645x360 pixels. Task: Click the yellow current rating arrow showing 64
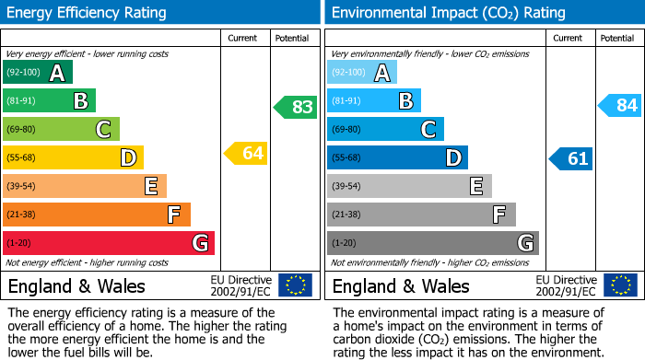coord(246,153)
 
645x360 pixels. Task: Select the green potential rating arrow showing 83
coord(295,107)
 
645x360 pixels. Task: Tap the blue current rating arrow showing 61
coord(571,158)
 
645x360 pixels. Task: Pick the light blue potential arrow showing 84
coord(619,105)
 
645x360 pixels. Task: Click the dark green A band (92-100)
coord(37,73)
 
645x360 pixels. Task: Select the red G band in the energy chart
coord(108,243)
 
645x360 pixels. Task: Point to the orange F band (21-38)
coord(96,215)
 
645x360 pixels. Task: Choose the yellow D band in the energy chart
coord(73,157)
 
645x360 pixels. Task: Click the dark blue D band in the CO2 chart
coord(397,157)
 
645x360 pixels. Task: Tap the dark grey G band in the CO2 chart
coord(432,243)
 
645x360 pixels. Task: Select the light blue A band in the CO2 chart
coord(361,73)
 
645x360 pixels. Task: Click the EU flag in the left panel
coord(295,285)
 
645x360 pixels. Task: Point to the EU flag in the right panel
coord(619,285)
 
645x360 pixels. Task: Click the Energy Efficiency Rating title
coord(88,13)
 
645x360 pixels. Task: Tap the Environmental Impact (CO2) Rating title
coord(448,13)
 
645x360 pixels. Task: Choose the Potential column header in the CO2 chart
coord(616,38)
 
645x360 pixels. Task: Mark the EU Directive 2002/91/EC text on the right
coord(566,285)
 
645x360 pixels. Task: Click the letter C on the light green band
coord(104,130)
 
